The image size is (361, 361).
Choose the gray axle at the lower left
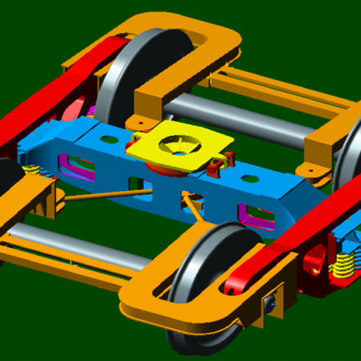point(72,241)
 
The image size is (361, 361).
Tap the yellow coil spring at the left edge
point(30,172)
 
